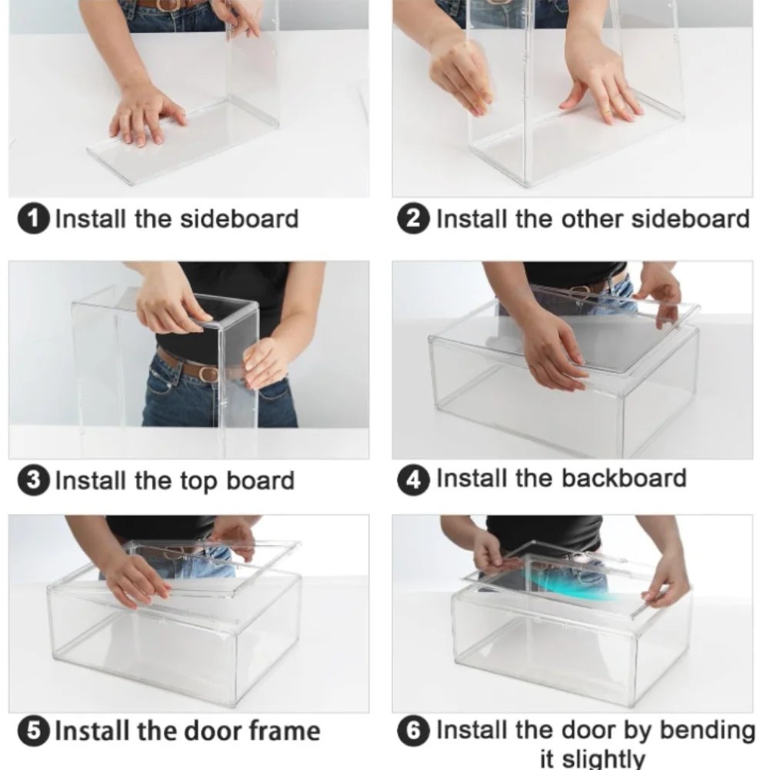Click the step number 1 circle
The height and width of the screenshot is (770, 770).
tap(33, 218)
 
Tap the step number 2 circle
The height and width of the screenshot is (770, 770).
tap(414, 218)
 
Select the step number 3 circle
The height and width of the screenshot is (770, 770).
tap(33, 480)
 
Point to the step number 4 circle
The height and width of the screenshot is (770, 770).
tap(414, 479)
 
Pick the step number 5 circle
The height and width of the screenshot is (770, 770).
tap(33, 731)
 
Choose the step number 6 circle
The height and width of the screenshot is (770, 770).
tap(414, 731)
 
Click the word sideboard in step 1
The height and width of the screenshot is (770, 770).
tap(240, 218)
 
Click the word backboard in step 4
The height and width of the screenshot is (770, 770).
tap(624, 478)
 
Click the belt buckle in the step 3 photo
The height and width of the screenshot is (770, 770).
tap(208, 374)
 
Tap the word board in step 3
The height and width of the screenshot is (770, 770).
tap(260, 480)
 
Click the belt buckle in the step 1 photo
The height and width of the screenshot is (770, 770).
tap(167, 5)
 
